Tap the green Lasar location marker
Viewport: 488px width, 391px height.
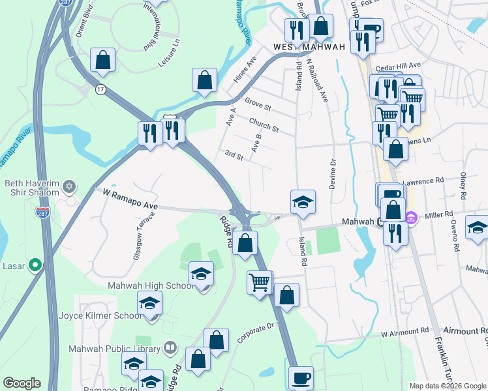click(36, 265)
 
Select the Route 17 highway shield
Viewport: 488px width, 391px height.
click(100, 89)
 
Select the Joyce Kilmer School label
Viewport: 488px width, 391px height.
click(99, 315)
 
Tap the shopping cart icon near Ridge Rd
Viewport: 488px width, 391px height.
click(260, 282)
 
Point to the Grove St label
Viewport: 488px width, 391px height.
click(258, 103)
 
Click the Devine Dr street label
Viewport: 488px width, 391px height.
click(333, 174)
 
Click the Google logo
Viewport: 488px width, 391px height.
click(22, 383)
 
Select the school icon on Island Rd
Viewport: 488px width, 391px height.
click(303, 203)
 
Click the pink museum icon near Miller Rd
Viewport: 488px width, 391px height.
click(411, 217)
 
